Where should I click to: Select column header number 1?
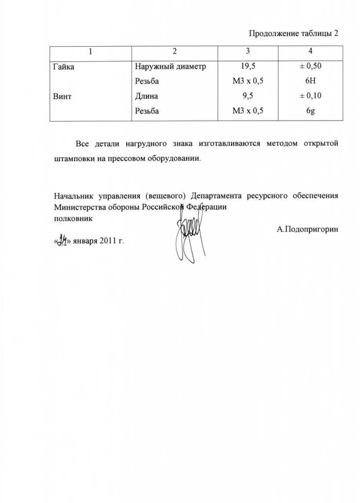pyautogui.click(x=90, y=52)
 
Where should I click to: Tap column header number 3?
pyautogui.click(x=247, y=52)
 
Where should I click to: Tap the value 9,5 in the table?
pyautogui.click(x=247, y=96)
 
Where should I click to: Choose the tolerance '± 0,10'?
pyautogui.click(x=311, y=96)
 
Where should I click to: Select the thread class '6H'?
pyautogui.click(x=311, y=82)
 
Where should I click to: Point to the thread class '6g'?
pyautogui.click(x=311, y=111)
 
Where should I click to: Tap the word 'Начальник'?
pyautogui.click(x=74, y=196)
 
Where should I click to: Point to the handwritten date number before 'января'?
pyautogui.click(x=60, y=241)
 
